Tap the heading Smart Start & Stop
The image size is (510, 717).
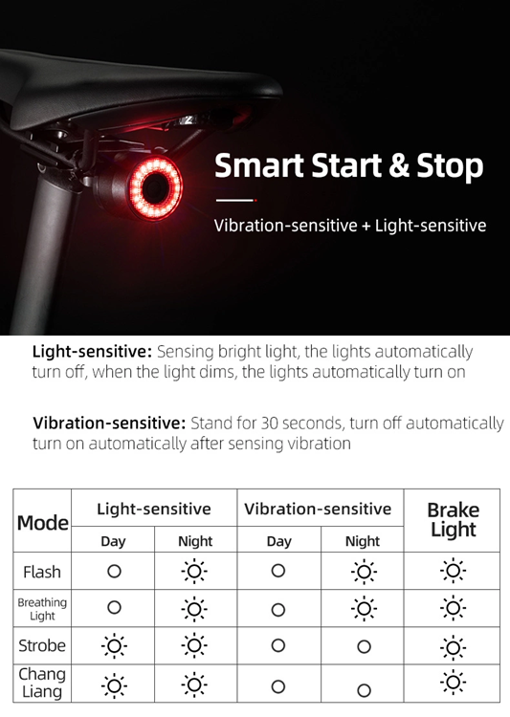(x=348, y=165)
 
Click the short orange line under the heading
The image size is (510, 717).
(x=234, y=201)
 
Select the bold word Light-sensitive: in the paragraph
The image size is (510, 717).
(x=92, y=352)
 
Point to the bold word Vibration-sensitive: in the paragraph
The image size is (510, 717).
(x=109, y=423)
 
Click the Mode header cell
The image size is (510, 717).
(x=43, y=523)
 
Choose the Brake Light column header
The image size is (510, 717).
(x=453, y=520)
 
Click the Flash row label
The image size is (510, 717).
(x=42, y=572)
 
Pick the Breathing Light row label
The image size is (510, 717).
(x=42, y=609)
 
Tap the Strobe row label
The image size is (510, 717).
(x=42, y=646)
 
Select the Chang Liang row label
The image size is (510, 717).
(x=42, y=683)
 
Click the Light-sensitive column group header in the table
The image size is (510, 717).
(x=154, y=510)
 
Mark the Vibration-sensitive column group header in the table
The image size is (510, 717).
(x=318, y=510)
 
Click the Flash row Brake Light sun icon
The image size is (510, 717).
(x=453, y=572)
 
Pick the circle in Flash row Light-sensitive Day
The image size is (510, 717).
(x=114, y=572)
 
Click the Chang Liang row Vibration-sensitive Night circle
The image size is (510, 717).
(x=363, y=689)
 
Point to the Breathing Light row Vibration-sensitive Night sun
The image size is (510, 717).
(x=363, y=609)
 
